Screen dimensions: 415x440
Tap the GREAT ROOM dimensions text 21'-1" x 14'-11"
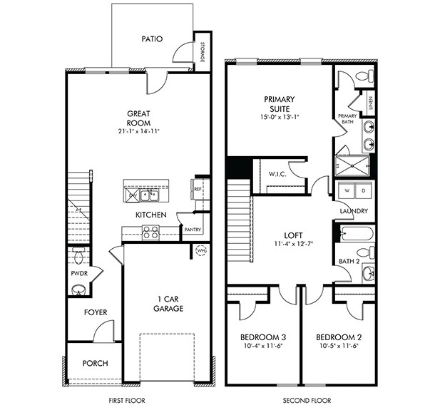139,131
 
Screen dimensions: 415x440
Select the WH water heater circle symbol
201,250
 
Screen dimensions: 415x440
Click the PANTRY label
193,230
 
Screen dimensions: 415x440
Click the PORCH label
95,363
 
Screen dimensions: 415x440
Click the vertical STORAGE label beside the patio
203,53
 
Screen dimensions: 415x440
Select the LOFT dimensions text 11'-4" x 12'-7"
294,243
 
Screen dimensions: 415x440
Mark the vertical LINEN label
370,103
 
